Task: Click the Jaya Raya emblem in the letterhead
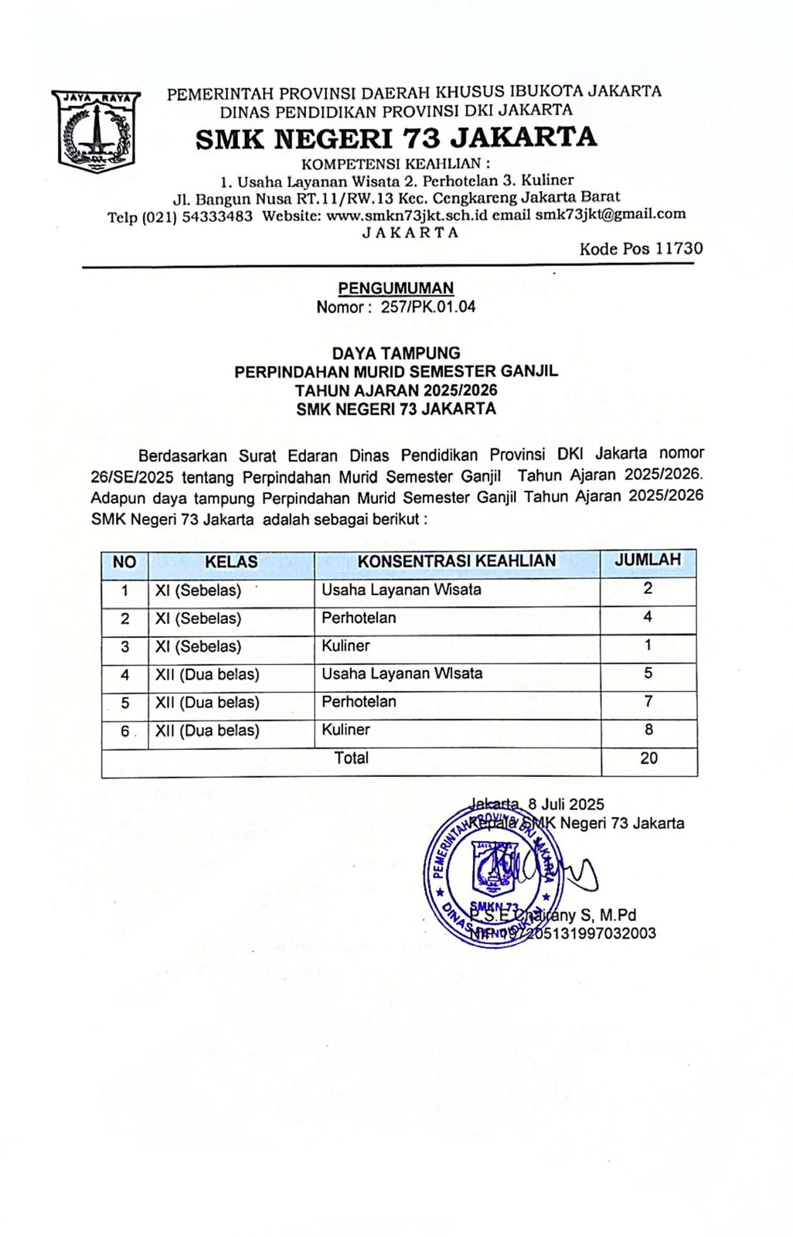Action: [96, 130]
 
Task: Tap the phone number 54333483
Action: [217, 216]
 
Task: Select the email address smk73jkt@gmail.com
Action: [611, 214]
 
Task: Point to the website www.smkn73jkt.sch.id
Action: [407, 216]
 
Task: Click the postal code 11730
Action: [679, 248]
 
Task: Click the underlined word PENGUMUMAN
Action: [396, 288]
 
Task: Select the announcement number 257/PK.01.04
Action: [427, 306]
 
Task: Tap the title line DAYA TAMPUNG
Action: [396, 353]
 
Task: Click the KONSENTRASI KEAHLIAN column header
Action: [456, 561]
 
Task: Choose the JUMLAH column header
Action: [648, 560]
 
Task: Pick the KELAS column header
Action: [231, 562]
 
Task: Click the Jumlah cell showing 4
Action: [648, 617]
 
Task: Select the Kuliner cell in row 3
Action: [346, 646]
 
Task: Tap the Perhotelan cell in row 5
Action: [359, 702]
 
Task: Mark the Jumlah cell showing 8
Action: [648, 729]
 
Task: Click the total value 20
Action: [648, 758]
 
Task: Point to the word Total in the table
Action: [351, 758]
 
